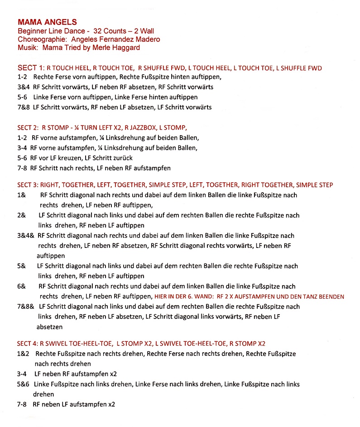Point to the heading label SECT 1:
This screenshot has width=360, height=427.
click(x=30, y=68)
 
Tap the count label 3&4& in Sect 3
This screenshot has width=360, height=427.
click(x=25, y=236)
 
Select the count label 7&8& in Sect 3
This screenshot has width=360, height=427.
click(x=25, y=307)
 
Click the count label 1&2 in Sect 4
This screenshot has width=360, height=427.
click(x=23, y=353)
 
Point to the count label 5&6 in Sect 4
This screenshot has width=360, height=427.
click(x=23, y=384)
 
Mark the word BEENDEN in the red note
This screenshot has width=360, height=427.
click(x=330, y=297)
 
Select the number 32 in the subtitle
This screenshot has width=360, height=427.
click(x=97, y=31)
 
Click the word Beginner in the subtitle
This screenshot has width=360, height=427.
click(x=31, y=31)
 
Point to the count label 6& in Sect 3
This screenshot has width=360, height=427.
click(x=21, y=286)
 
